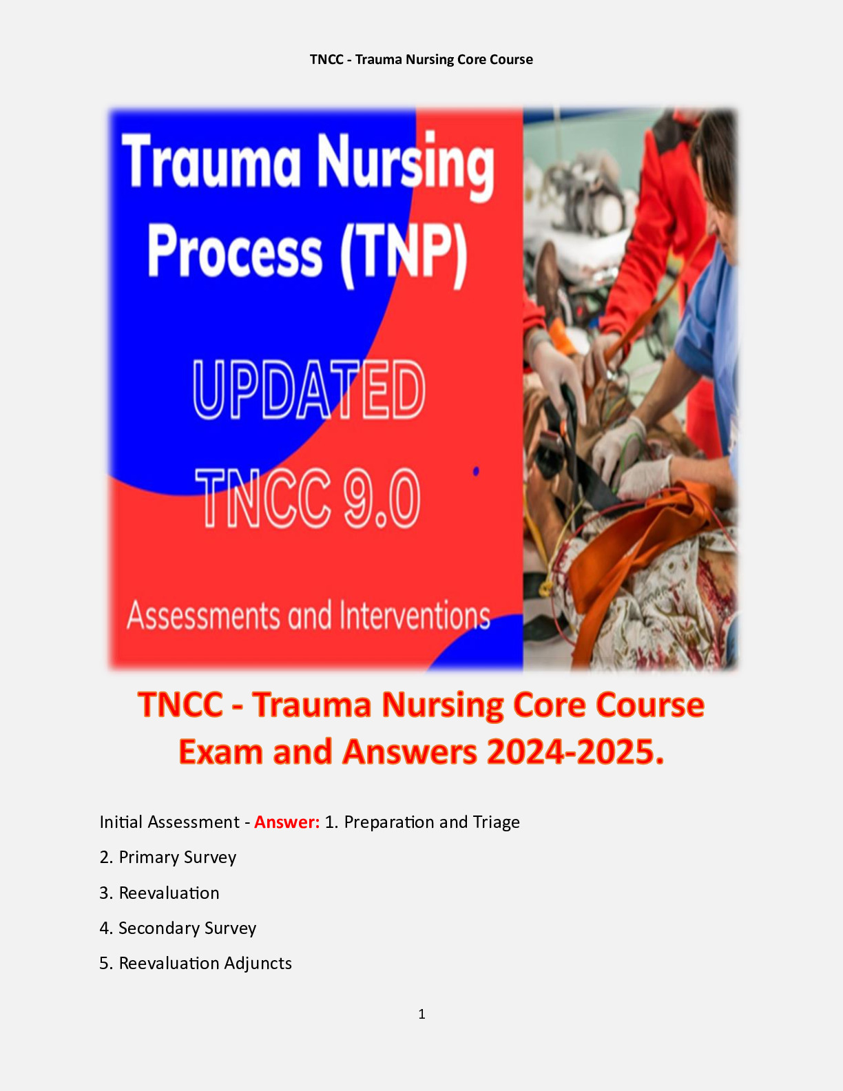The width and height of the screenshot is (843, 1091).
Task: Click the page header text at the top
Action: point(421,59)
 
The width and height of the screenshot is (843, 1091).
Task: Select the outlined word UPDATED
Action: point(309,391)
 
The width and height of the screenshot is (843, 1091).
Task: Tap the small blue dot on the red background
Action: point(476,471)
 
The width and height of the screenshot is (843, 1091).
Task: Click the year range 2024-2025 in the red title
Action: point(575,751)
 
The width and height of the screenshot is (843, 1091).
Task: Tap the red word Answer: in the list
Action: point(287,822)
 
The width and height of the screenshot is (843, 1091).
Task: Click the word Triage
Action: point(496,822)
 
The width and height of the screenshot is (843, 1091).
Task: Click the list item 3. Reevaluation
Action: point(159,893)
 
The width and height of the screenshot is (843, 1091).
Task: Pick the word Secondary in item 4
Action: point(158,928)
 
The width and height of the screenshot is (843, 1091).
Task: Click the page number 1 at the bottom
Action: point(421,1014)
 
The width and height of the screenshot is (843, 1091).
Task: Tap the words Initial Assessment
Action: point(169,822)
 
